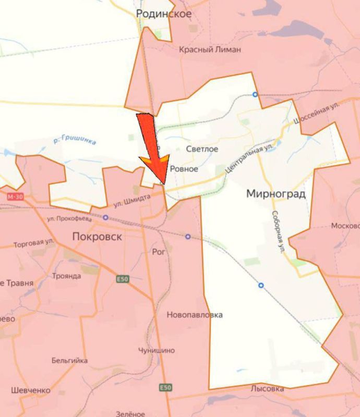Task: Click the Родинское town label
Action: click(163, 14)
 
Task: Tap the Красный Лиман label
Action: click(210, 50)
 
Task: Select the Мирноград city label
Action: click(275, 194)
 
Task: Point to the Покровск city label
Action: click(98, 237)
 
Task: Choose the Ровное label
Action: click(184, 169)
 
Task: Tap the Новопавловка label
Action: click(195, 315)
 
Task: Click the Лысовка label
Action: click(267, 389)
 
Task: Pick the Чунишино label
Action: click(157, 350)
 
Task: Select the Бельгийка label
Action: click(69, 361)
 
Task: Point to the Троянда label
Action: click(67, 276)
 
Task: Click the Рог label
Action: click(158, 252)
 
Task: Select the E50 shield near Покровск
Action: click(122, 279)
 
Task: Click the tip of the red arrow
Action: click(165, 184)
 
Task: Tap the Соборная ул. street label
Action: click(278, 231)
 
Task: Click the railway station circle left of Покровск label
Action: click(106, 218)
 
